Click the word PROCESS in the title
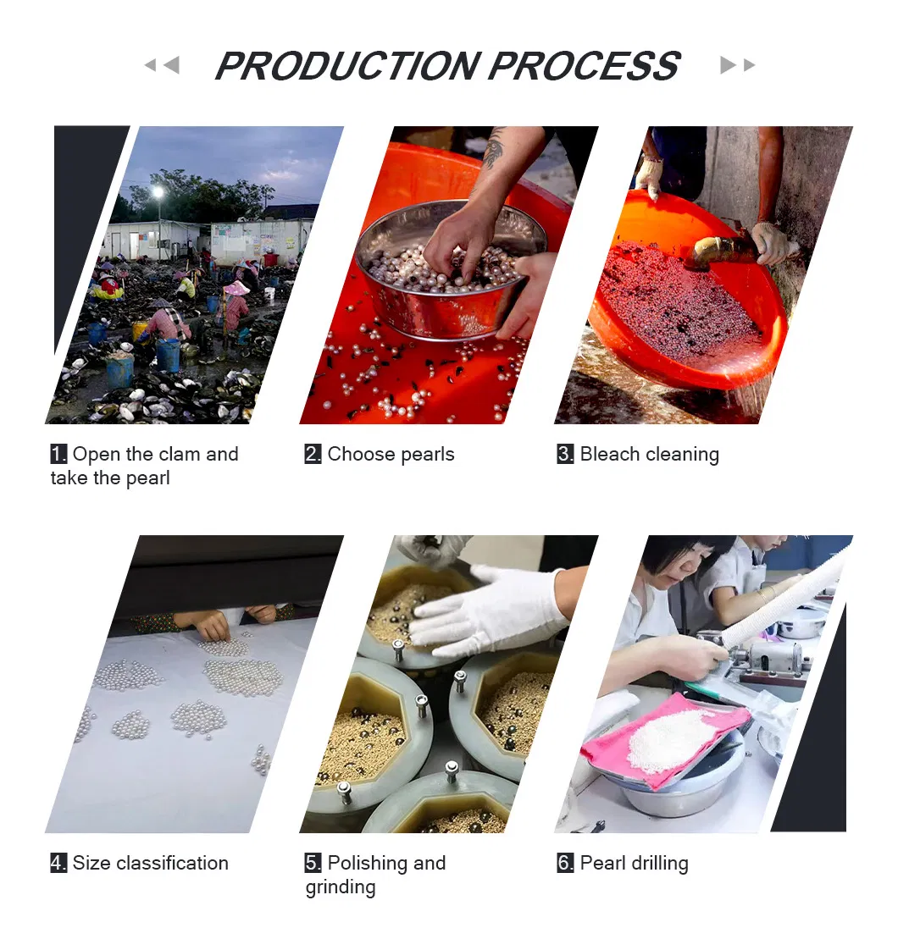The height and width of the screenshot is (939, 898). point(584,66)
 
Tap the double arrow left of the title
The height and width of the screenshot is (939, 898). point(161,65)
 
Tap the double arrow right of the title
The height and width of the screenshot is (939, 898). point(737,65)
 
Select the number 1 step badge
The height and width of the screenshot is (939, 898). point(58,454)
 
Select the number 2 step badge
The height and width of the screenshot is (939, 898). point(313,454)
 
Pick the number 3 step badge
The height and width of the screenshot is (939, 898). point(565,454)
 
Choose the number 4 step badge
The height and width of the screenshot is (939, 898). point(58,863)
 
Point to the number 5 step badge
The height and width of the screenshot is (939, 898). point(313,863)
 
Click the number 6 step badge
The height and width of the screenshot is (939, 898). point(565,863)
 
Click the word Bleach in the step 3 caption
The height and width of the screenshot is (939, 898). point(608,454)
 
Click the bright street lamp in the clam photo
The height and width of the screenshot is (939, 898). point(158,192)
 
